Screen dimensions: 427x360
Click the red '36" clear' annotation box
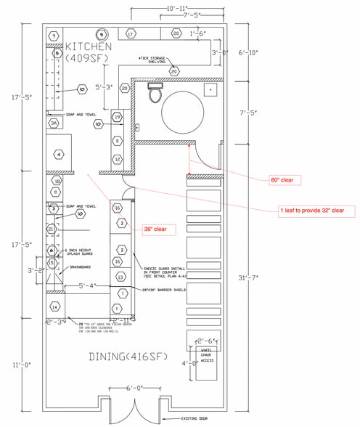click(x=154, y=229)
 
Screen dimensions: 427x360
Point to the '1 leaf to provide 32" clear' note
click(x=316, y=210)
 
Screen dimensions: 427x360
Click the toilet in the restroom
click(x=153, y=94)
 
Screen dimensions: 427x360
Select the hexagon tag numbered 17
click(x=131, y=34)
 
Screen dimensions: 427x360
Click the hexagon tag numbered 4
click(x=58, y=153)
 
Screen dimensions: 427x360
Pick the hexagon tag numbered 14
click(x=54, y=307)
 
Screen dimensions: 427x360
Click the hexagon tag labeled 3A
click(x=54, y=123)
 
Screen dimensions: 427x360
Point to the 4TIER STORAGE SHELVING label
click(x=153, y=60)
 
